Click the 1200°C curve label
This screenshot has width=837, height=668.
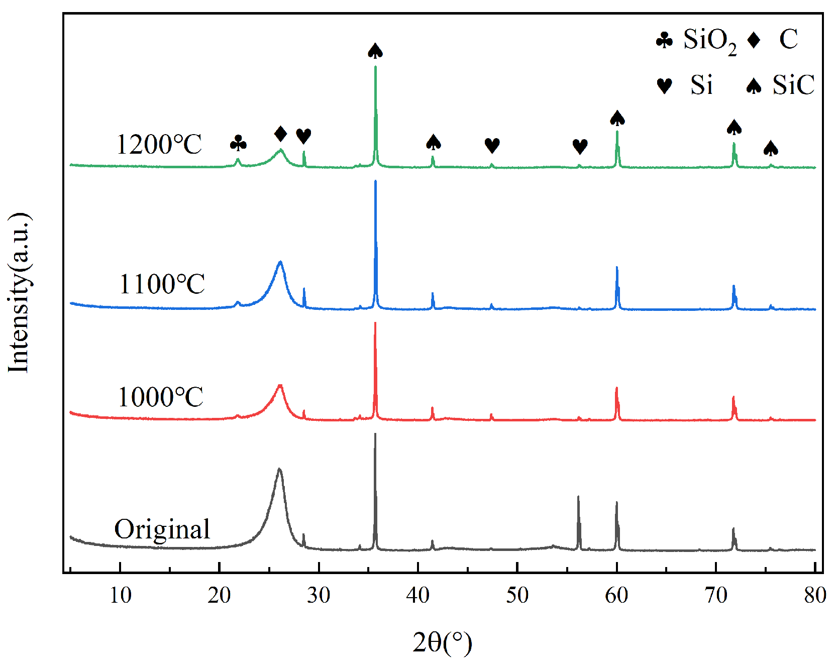click(159, 145)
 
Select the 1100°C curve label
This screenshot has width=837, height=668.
click(162, 284)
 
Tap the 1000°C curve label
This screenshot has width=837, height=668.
click(160, 397)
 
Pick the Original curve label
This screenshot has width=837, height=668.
click(162, 529)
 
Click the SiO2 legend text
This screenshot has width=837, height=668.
click(709, 40)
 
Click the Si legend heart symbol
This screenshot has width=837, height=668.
click(664, 86)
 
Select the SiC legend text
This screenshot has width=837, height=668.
click(793, 85)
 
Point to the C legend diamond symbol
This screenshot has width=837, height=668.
click(754, 40)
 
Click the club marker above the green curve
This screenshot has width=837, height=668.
click(238, 144)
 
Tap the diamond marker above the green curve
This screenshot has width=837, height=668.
click(281, 134)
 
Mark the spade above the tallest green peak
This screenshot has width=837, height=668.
click(375, 51)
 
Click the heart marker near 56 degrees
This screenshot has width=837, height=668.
click(580, 147)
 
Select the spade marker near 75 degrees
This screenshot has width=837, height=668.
click(771, 149)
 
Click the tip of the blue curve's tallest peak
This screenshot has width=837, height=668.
click(375, 181)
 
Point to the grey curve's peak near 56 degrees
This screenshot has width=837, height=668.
click(578, 497)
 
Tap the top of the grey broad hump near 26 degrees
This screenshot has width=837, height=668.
click(279, 469)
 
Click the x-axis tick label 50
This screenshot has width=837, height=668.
click(517, 596)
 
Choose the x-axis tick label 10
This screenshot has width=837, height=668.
click(120, 596)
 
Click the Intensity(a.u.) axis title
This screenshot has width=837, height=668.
click(19, 293)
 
